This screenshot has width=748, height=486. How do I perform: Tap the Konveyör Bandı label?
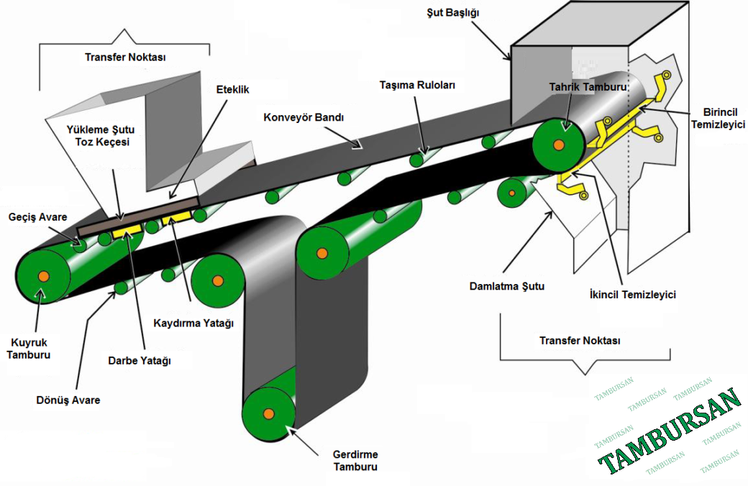303,117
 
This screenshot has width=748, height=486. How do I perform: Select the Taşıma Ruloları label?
416,85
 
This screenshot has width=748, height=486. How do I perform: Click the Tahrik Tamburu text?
588,87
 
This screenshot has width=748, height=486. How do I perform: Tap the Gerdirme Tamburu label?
355,460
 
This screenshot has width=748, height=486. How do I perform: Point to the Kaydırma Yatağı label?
194,323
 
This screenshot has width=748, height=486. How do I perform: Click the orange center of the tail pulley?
44,276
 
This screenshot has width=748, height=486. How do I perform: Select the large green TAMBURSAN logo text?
669,431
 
